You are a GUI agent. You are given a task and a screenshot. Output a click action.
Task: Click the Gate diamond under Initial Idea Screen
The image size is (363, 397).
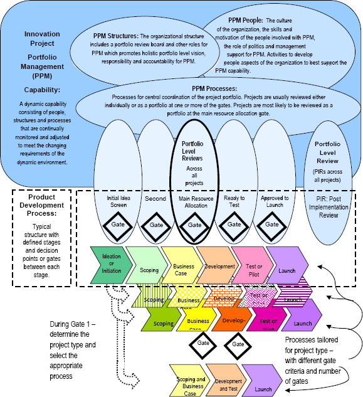tap(117, 223)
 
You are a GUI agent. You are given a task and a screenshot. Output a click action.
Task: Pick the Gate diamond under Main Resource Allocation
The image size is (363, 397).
tap(194, 223)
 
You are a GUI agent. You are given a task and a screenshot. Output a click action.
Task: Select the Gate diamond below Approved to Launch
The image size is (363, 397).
tap(271, 223)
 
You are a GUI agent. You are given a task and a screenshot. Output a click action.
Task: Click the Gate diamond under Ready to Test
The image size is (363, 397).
tap(233, 223)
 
